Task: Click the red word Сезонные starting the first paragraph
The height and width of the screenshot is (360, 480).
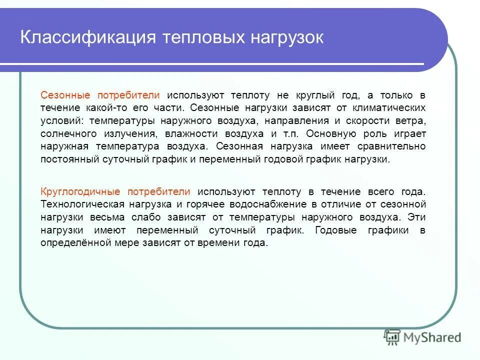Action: point(72,95)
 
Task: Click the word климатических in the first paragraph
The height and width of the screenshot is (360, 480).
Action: point(395,108)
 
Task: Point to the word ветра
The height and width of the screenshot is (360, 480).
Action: point(409,121)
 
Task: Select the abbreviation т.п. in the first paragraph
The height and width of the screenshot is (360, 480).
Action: point(288,134)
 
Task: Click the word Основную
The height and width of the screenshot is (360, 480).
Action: point(330,134)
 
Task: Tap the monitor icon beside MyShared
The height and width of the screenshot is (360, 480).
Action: point(392,337)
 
